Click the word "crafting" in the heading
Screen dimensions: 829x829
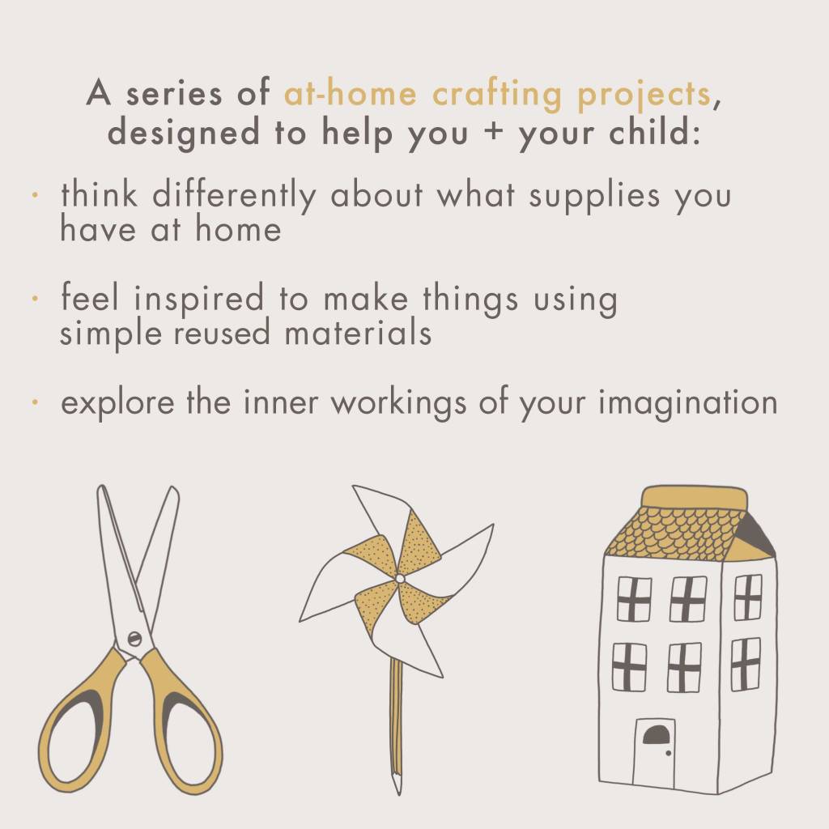tap(496, 94)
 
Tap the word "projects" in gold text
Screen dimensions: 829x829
tap(644, 96)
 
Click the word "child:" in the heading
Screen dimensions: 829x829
tap(654, 132)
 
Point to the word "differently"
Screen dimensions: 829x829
tap(234, 195)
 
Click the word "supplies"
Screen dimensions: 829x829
tap(594, 196)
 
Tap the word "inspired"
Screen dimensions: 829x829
tap(198, 299)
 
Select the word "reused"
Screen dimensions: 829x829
tap(222, 334)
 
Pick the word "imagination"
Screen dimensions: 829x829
tap(688, 403)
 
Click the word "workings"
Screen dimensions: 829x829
tap(398, 403)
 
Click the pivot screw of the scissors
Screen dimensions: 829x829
tap(135, 639)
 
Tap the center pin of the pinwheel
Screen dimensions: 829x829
tap(400, 579)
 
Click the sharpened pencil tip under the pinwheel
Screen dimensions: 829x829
tap(397, 784)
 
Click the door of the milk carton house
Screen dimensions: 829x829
tap(654, 754)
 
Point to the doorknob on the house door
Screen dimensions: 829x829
tap(668, 753)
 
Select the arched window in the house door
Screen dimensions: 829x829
tap(656, 735)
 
